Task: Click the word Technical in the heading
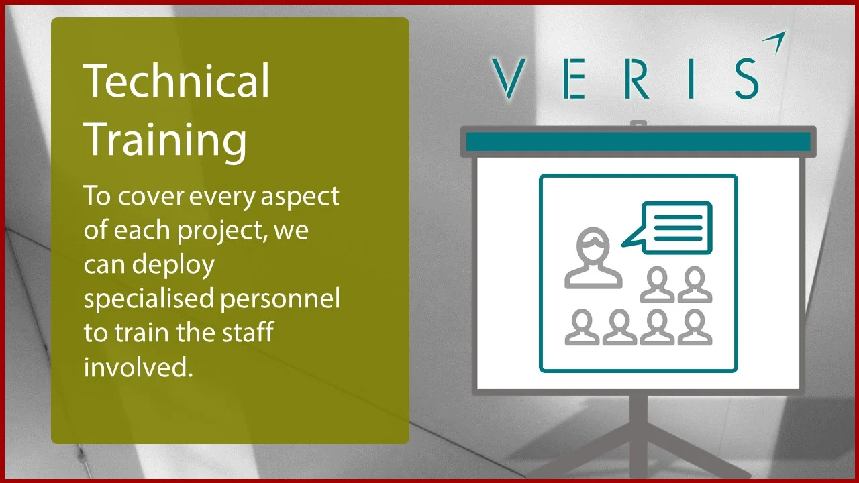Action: [176, 80]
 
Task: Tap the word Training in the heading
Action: [165, 140]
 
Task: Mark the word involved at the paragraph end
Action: [138, 367]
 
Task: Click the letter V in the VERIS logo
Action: [508, 78]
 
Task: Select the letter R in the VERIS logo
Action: [638, 78]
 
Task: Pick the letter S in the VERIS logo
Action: [745, 78]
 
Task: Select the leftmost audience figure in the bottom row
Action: [582, 327]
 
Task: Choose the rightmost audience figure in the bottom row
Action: [695, 327]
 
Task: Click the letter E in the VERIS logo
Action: [572, 78]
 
